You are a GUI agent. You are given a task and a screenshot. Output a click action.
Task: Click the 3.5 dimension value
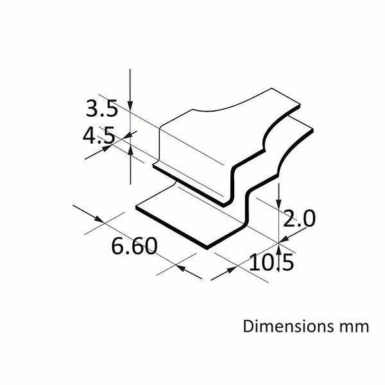(x=101, y=108)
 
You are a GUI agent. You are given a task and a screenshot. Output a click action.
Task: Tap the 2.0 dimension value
(x=299, y=219)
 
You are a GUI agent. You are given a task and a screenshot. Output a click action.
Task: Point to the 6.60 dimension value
(x=134, y=246)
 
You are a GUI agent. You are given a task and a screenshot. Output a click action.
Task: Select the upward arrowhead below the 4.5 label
(x=131, y=150)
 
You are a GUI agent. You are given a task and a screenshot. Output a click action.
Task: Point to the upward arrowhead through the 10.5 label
(x=280, y=247)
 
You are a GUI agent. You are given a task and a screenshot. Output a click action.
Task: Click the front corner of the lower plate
(x=207, y=248)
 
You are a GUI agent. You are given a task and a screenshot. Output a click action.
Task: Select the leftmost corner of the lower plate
(x=136, y=207)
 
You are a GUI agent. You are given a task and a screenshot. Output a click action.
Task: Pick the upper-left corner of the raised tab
(x=159, y=126)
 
